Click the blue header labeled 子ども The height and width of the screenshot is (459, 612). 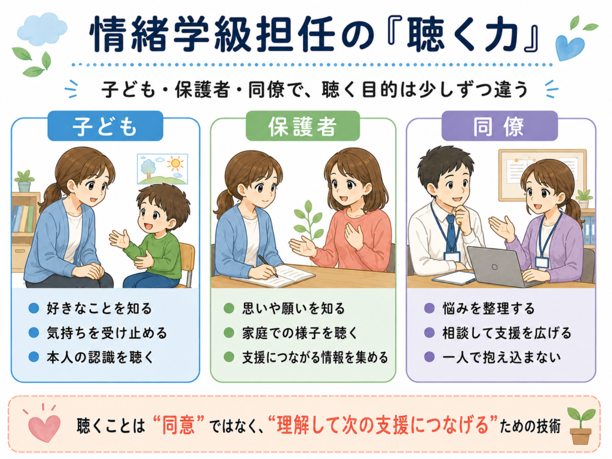(105, 126)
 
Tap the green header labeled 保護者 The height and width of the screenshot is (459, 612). (302, 126)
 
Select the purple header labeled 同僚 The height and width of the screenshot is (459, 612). (499, 126)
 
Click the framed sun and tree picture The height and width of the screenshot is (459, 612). (163, 169)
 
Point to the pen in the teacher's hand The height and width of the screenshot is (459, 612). (268, 266)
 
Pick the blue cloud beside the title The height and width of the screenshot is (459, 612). (42, 29)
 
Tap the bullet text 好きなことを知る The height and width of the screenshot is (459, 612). (99, 308)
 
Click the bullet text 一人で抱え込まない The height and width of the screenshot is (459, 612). (501, 357)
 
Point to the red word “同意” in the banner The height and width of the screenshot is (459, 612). (179, 425)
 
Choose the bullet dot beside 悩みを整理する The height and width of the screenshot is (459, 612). (429, 308)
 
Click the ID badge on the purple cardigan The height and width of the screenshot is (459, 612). (541, 262)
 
